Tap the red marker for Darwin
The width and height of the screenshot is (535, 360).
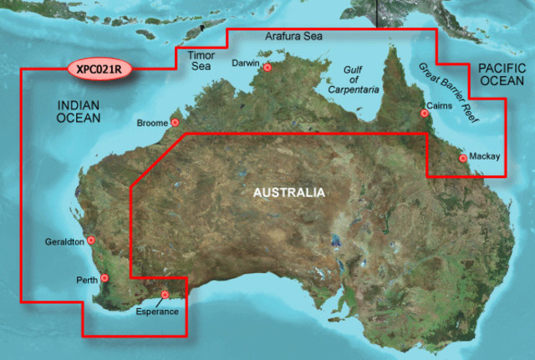pyautogui.click(x=267, y=68)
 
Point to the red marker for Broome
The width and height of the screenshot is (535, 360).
pyautogui.click(x=176, y=123)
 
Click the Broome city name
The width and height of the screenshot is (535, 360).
pyautogui.click(x=152, y=123)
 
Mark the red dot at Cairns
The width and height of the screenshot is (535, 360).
pyautogui.click(x=424, y=114)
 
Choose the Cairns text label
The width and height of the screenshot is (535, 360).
pyautogui.click(x=440, y=106)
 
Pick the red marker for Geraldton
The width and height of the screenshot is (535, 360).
pyautogui.click(x=91, y=241)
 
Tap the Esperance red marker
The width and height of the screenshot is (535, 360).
pyautogui.click(x=165, y=294)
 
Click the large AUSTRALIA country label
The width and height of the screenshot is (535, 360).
pyautogui.click(x=288, y=193)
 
